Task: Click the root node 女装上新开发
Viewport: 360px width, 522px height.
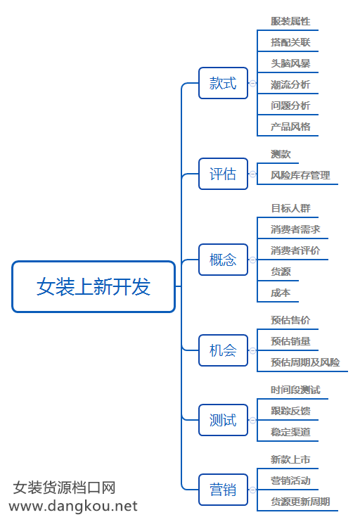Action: coord(94,286)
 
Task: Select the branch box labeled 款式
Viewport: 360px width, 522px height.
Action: coord(224,83)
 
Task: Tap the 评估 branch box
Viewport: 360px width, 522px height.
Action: coord(224,174)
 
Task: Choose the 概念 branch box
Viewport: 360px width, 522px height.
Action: coord(224,260)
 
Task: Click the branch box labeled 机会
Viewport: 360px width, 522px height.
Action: coord(224,350)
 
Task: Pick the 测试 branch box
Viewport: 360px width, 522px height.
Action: coord(224,420)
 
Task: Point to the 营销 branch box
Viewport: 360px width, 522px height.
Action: coord(224,490)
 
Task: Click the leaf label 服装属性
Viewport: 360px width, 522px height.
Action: coord(290,21)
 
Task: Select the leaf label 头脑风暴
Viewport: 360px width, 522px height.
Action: coord(290,63)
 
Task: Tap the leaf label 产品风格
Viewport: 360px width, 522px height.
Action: coord(290,127)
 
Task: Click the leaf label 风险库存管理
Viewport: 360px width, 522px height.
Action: coord(300,175)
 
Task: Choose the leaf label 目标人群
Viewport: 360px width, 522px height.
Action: coord(290,208)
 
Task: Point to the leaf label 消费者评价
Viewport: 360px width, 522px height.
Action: coord(295,250)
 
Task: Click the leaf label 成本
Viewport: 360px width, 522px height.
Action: coord(281,293)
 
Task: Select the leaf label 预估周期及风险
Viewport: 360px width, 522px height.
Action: coord(305,362)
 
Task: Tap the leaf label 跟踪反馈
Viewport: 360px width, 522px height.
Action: coord(290,411)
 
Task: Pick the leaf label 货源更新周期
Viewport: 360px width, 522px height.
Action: coord(300,502)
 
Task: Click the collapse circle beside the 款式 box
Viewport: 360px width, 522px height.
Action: coord(253,83)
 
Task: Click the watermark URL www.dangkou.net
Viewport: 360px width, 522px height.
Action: coord(73,506)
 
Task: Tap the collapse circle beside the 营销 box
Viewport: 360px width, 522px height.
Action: coord(253,490)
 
